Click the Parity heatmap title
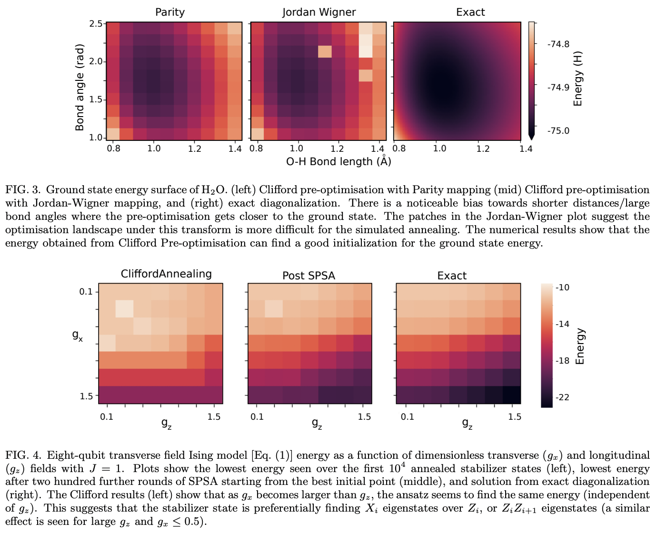tap(170, 12)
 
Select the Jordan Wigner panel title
tap(319, 12)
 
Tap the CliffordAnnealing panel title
tap(166, 274)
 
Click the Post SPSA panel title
tap(309, 276)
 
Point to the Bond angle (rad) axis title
tap(80, 87)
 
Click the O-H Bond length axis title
tap(338, 161)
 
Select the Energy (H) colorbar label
tap(578, 79)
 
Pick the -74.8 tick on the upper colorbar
tap(558, 44)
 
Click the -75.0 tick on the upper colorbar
tap(558, 131)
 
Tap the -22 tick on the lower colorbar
tap(562, 397)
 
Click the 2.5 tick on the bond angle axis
tap(96, 24)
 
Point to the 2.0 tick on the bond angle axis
tap(96, 61)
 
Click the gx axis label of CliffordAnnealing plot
tap(77, 335)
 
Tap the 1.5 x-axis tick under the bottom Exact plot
tap(515, 417)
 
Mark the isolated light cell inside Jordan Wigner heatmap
tap(325, 51)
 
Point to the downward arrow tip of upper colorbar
tap(532, 138)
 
